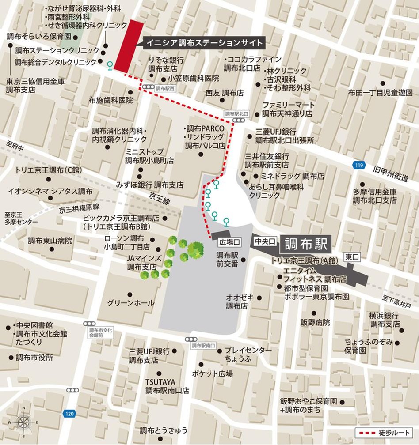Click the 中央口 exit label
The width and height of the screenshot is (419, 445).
(x=265, y=241)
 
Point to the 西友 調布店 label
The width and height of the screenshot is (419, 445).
(x=225, y=93)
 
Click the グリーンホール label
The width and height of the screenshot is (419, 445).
(x=131, y=303)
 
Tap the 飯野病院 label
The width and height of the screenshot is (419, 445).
(x=314, y=322)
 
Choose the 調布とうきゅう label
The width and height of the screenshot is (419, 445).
(x=164, y=430)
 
